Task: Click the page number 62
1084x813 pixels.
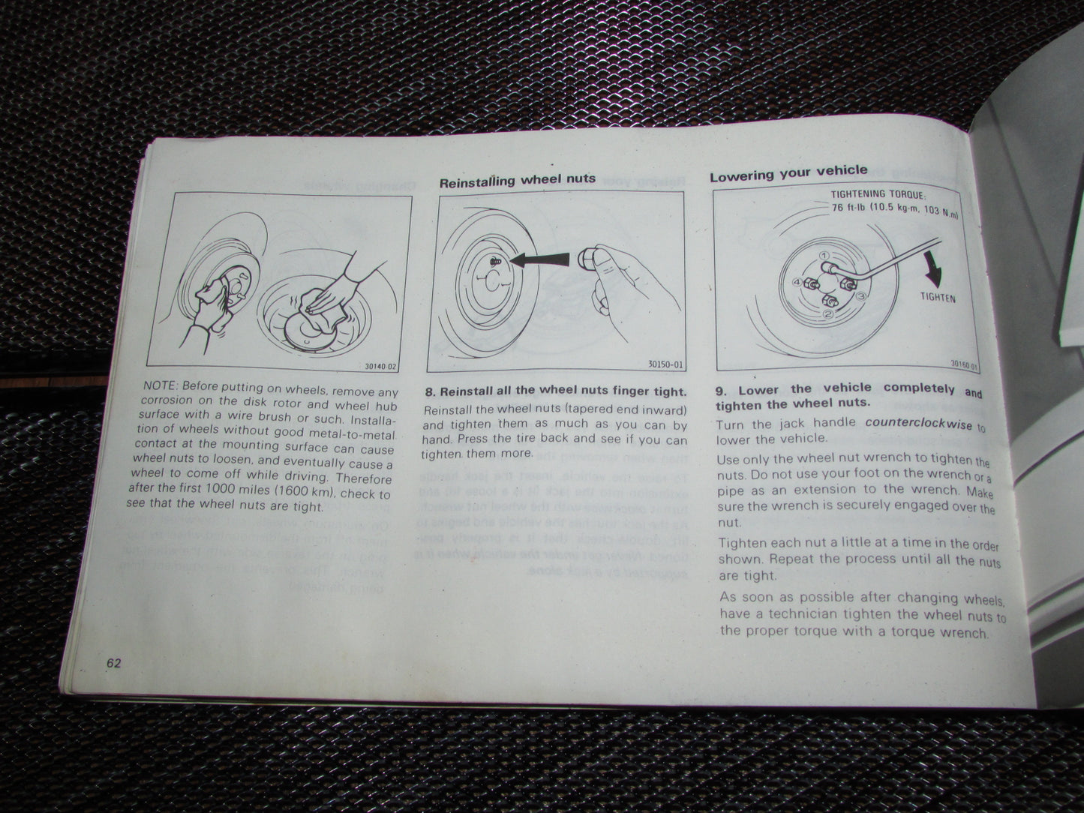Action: click(x=114, y=663)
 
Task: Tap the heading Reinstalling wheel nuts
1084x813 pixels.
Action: click(x=517, y=180)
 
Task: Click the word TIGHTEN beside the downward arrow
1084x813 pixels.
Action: click(x=938, y=298)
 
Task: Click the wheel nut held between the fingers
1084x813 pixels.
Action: click(x=593, y=260)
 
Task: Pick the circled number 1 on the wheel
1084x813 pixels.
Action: click(x=824, y=256)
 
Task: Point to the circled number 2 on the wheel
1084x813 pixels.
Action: click(x=828, y=313)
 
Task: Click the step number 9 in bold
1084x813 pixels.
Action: click(x=719, y=390)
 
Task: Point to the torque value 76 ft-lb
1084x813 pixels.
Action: click(x=848, y=208)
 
